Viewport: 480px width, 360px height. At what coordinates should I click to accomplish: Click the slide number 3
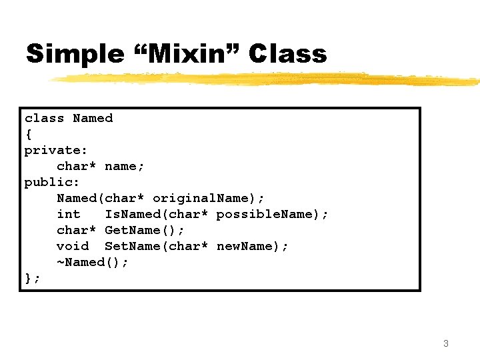pos(445,344)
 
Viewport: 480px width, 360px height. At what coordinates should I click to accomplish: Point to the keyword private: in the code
pos(56,150)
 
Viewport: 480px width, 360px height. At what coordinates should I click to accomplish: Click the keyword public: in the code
pos(52,182)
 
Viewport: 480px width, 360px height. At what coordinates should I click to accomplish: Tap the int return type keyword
pos(68,214)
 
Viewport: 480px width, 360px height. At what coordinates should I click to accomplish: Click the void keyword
pos(72,246)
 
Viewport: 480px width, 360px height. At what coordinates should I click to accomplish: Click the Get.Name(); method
pos(145,230)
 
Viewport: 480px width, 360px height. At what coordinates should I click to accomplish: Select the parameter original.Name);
pos(209,198)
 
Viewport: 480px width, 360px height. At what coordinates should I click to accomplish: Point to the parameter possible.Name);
pos(272,214)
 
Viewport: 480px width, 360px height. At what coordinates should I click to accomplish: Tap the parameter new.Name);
pos(253,246)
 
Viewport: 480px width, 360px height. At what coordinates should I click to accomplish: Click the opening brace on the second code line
pos(28,134)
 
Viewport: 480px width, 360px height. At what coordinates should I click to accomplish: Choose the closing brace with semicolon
pos(32,278)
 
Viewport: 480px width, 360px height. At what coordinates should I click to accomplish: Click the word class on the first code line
pos(44,118)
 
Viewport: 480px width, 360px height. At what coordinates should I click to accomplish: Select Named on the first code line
pos(93,118)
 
